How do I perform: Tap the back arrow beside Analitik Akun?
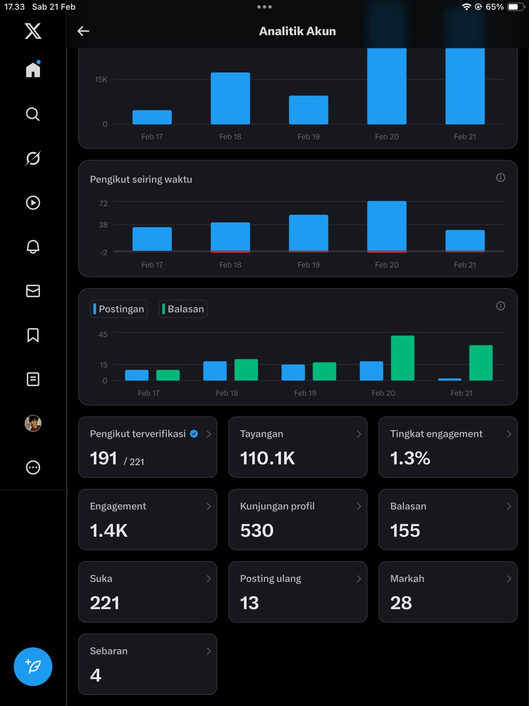[x=83, y=31]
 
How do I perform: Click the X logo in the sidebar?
[x=33, y=31]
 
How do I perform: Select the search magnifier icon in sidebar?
[x=33, y=114]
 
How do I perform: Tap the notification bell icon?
[x=33, y=247]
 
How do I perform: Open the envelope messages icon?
[x=33, y=291]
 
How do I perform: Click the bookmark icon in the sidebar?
[x=33, y=335]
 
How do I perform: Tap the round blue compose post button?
[x=33, y=667]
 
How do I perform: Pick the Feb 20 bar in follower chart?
[x=387, y=227]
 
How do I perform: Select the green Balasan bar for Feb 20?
[x=403, y=358]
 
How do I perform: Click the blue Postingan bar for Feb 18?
[x=215, y=371]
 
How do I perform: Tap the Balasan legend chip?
[x=183, y=309]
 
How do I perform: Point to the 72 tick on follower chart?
[x=103, y=203]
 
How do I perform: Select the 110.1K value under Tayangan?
[x=267, y=458]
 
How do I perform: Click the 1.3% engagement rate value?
[x=410, y=458]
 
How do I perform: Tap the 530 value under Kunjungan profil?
[x=257, y=531]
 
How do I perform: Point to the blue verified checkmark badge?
[x=194, y=434]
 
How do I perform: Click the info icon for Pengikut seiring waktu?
[x=501, y=178]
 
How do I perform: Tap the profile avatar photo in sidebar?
[x=33, y=424]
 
